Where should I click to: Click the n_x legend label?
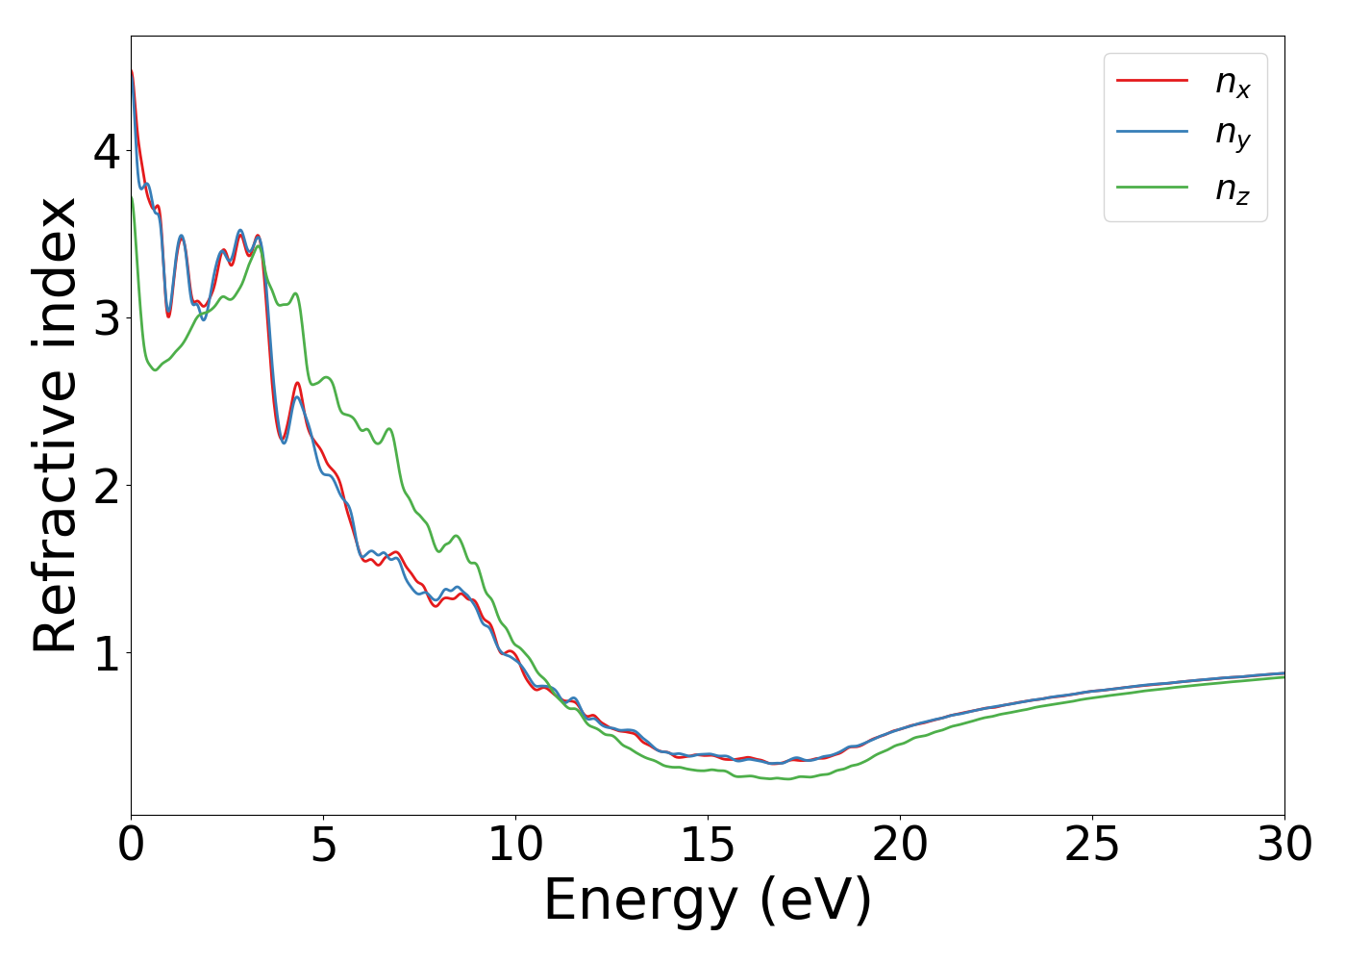click(1233, 84)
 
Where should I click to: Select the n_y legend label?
click(1233, 135)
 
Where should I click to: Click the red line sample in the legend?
click(1152, 81)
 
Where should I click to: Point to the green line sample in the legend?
click(1152, 187)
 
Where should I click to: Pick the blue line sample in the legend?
click(1152, 133)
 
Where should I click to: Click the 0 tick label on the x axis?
click(131, 845)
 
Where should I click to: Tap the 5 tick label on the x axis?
click(323, 845)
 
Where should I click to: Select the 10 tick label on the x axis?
click(515, 845)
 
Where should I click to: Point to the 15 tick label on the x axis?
click(708, 845)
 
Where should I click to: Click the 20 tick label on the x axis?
click(900, 845)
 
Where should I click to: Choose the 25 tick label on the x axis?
click(1092, 845)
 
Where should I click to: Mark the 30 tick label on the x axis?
click(1284, 845)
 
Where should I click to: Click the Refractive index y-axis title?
click(56, 425)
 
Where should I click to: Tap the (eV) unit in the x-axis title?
click(815, 902)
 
